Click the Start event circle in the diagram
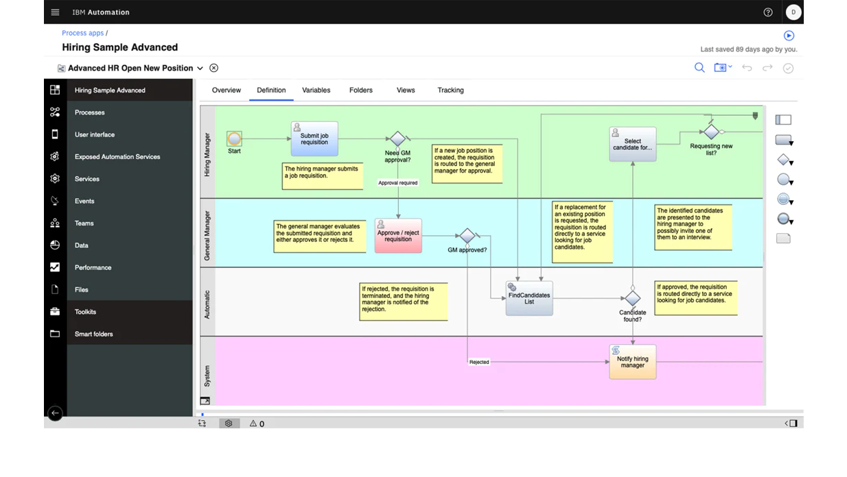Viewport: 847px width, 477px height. click(x=234, y=139)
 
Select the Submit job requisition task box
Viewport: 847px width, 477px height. click(x=314, y=139)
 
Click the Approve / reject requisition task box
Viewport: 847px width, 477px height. click(x=398, y=236)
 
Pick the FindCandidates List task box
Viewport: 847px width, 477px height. click(x=529, y=298)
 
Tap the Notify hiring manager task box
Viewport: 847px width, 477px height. click(x=632, y=362)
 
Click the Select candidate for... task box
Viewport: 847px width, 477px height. click(x=632, y=144)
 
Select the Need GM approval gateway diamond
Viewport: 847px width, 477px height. click(x=397, y=139)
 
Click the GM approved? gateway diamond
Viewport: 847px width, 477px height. click(x=467, y=236)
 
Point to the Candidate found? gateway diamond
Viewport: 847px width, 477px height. click(x=632, y=298)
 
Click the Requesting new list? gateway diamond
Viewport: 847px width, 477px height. click(x=711, y=132)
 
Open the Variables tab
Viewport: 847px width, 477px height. click(x=316, y=90)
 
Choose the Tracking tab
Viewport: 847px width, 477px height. click(x=450, y=90)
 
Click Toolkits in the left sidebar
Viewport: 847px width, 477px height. click(x=86, y=312)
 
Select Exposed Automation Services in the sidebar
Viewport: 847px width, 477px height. click(x=117, y=157)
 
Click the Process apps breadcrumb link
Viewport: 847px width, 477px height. click(x=82, y=33)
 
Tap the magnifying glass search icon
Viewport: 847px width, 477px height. click(x=699, y=68)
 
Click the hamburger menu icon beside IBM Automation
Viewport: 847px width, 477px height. click(x=56, y=12)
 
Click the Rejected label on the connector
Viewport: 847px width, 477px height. click(x=479, y=362)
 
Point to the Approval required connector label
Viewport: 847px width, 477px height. click(x=398, y=183)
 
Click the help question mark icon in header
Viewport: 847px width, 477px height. click(x=768, y=12)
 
